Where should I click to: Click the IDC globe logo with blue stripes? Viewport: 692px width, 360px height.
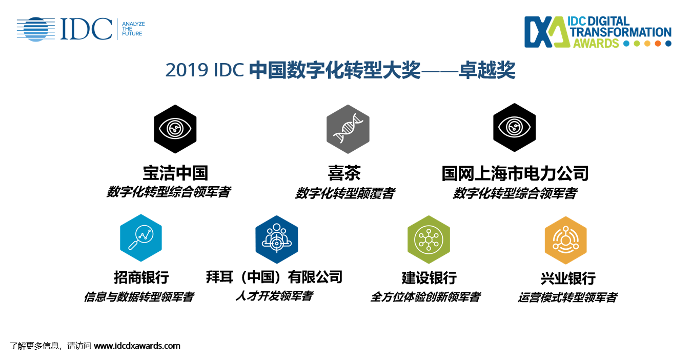point(36,29)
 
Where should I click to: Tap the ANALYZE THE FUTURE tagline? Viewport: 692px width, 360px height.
point(133,29)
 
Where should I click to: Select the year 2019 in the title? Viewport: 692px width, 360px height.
point(187,70)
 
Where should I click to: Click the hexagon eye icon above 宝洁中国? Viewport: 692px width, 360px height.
point(175,129)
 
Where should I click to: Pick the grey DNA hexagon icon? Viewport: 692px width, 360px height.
point(348,129)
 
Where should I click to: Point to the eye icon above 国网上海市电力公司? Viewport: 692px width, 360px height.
point(514,127)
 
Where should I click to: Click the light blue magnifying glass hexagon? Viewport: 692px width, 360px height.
point(141,238)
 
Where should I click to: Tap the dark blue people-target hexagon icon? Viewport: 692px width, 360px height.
point(276,239)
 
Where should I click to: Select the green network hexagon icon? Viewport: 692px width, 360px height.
point(429,240)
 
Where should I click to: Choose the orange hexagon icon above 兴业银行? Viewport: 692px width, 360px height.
point(566,241)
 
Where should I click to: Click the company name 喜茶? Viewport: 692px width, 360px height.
point(344,173)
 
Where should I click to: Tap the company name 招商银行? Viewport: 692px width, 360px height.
point(141,277)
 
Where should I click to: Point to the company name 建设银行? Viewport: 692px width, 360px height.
point(429,278)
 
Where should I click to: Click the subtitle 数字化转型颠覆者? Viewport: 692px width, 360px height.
point(345,193)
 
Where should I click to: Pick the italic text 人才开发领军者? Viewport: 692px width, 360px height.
point(274,296)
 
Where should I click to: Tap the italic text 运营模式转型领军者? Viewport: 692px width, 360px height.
point(567,297)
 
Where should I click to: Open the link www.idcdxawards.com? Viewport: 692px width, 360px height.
point(137,346)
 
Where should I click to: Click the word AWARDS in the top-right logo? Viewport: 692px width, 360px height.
point(596,43)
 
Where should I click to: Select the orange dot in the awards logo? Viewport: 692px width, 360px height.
point(658,44)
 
